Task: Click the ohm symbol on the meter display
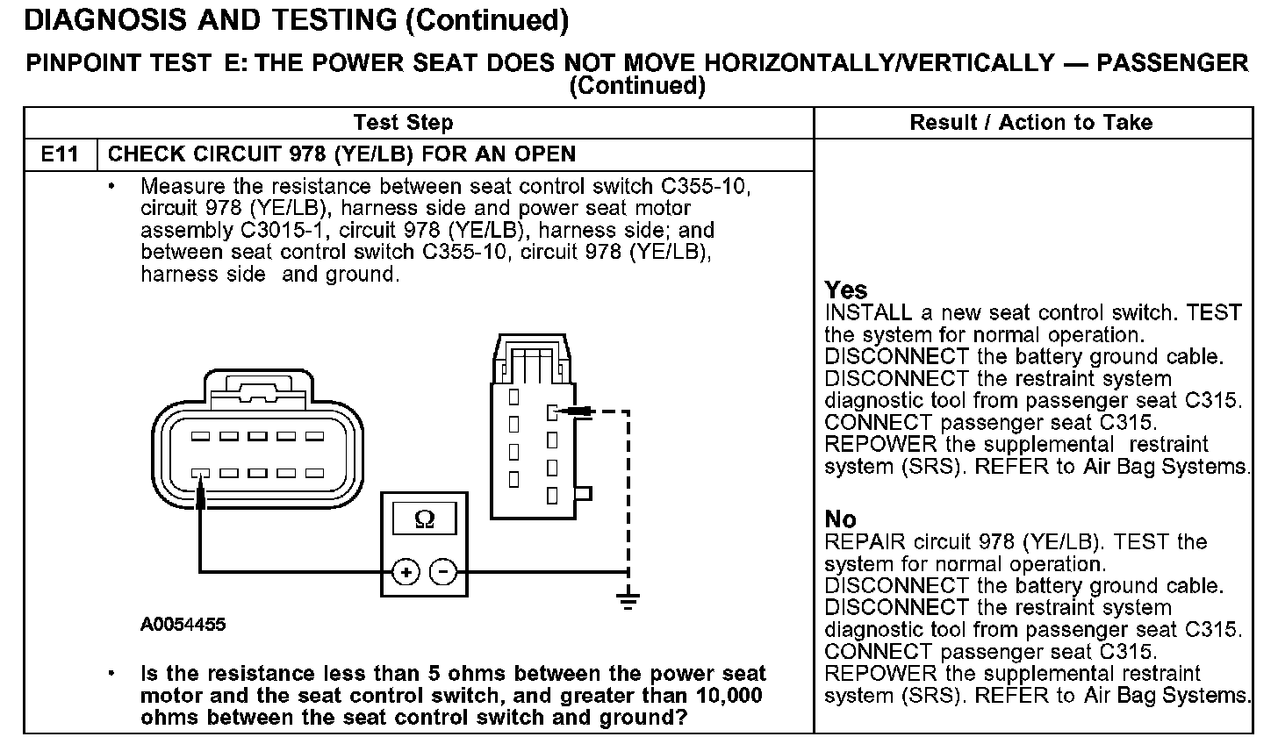pyautogui.click(x=424, y=519)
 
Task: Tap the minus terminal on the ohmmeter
pyautogui.click(x=444, y=572)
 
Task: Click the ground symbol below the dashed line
pyautogui.click(x=628, y=601)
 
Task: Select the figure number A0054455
pyautogui.click(x=183, y=625)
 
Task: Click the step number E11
pyautogui.click(x=60, y=154)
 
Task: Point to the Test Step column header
pyautogui.click(x=403, y=123)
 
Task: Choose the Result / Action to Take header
pyautogui.click(x=1031, y=123)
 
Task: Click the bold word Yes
pyautogui.click(x=846, y=290)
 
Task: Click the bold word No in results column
pyautogui.click(x=840, y=519)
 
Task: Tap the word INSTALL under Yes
pyautogui.click(x=868, y=313)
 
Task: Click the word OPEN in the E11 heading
pyautogui.click(x=545, y=154)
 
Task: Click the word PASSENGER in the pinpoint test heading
pyautogui.click(x=1173, y=62)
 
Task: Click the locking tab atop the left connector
pyautogui.click(x=258, y=387)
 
